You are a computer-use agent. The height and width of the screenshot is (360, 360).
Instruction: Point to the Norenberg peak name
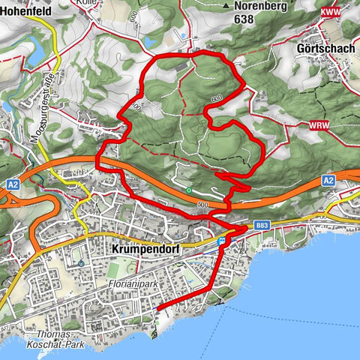pos(259,6)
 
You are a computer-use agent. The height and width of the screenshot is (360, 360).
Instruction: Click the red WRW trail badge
pos(318,126)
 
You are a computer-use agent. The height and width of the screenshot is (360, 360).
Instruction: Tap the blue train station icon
pos(221,241)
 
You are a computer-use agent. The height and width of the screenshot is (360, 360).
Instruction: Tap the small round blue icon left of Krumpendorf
pos(80,263)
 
